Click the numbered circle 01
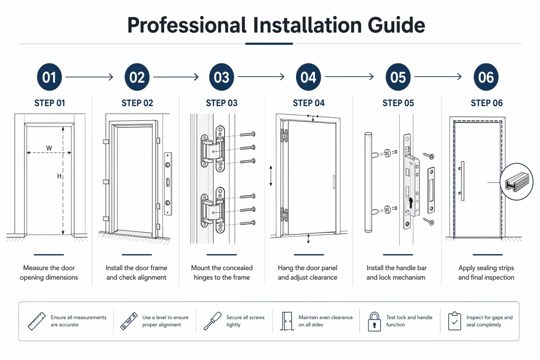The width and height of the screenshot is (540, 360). coord(49,77)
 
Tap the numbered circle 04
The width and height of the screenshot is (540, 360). coord(308,77)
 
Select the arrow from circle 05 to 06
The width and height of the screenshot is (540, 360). coord(438,77)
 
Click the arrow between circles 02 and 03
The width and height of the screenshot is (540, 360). coord(176,77)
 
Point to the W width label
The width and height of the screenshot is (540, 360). coord(49,148)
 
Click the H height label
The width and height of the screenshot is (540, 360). coord(59,176)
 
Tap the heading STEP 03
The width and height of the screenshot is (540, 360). coord(221,103)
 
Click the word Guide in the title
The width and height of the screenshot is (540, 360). coord(396,25)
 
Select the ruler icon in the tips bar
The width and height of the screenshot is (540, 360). coord(37,321)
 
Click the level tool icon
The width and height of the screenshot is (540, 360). coord(129,321)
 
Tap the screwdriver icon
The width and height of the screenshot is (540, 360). coord(212,321)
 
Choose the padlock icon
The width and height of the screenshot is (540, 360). coord(374,322)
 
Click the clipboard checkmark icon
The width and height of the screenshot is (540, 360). coord(454,321)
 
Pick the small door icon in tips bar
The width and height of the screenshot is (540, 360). coord(287,321)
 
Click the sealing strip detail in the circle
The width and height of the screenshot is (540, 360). coord(517,181)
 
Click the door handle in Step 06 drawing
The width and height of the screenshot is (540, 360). coord(462,181)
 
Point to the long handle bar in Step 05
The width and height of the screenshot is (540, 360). coord(368,182)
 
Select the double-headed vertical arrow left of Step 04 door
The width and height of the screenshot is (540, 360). coord(271,176)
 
